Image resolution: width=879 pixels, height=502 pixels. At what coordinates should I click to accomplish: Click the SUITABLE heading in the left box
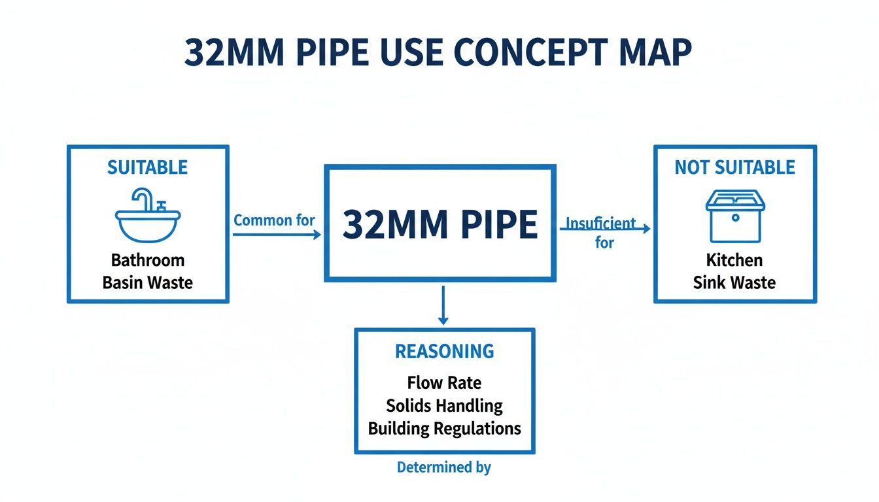148,168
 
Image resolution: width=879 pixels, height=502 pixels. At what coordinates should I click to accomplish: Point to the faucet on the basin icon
145,197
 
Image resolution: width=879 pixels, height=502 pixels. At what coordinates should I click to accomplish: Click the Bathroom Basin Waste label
148,271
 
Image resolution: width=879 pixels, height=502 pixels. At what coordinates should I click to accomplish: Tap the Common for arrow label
274,220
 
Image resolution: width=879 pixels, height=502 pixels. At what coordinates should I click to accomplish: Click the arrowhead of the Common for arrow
318,235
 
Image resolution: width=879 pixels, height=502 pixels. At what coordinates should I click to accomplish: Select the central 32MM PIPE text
440,225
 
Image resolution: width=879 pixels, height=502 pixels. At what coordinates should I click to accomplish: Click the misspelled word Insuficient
600,223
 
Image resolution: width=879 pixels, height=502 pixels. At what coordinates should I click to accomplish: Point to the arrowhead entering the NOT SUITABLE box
646,229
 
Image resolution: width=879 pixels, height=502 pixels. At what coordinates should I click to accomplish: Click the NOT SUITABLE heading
735,168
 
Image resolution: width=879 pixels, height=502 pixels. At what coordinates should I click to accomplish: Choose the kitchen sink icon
735,216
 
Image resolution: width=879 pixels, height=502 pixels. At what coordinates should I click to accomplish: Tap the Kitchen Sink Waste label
734,271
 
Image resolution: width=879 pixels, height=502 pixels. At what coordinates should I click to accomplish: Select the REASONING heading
445,352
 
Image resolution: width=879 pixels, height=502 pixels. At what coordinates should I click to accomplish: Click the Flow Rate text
444,382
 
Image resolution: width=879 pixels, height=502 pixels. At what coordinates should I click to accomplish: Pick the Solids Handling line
444,405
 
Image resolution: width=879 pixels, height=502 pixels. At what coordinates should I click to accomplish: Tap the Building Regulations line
444,429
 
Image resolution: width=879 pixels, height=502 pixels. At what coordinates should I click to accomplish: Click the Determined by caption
444,467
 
